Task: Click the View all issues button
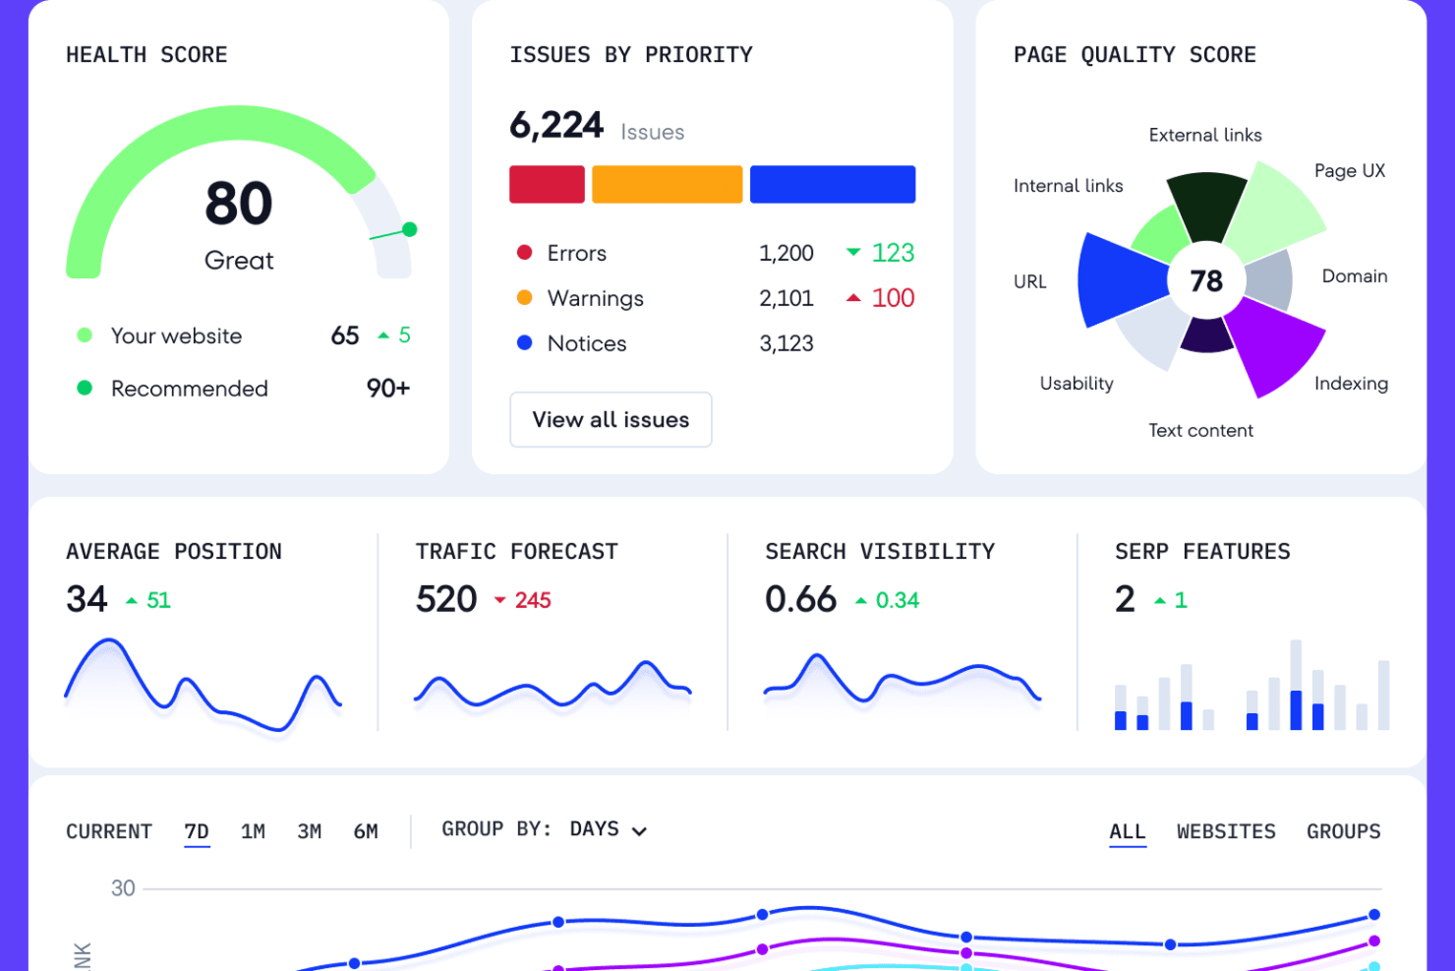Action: (611, 420)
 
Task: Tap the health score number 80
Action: (239, 204)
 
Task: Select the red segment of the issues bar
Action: (547, 185)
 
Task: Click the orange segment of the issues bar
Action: (667, 185)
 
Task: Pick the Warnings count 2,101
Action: (786, 298)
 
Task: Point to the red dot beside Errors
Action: (525, 253)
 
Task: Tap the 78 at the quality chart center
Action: (1206, 281)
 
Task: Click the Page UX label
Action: (1349, 171)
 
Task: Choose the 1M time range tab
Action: (253, 831)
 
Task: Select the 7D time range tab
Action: (197, 831)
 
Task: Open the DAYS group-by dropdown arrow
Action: (639, 831)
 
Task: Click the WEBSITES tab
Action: (1226, 831)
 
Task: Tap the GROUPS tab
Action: (1343, 831)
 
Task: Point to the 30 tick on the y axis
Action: (123, 888)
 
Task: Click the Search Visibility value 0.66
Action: (800, 599)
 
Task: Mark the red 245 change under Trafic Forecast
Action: (532, 600)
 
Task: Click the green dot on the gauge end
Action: (410, 229)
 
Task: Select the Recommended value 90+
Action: (387, 389)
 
